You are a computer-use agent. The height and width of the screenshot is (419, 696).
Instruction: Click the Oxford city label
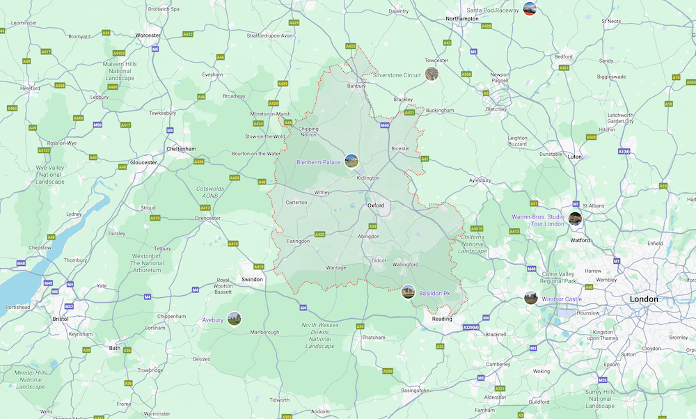pyautogui.click(x=376, y=205)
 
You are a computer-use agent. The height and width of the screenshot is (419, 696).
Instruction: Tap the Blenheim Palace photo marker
pyautogui.click(x=351, y=161)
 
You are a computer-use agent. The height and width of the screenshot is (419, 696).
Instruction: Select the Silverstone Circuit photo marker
pyautogui.click(x=432, y=74)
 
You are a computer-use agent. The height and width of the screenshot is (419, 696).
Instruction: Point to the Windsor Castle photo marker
pyautogui.click(x=531, y=298)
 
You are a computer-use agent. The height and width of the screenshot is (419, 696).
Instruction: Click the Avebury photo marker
pyautogui.click(x=234, y=319)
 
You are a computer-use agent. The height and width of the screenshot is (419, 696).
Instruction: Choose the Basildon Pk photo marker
pyautogui.click(x=409, y=292)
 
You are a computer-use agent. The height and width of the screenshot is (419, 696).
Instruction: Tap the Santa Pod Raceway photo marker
pyautogui.click(x=530, y=9)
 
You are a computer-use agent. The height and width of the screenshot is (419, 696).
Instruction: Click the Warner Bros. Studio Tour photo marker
pyautogui.click(x=575, y=219)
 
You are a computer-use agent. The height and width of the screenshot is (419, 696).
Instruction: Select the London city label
pyautogui.click(x=643, y=299)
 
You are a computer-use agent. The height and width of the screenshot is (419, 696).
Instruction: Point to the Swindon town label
pyautogui.click(x=252, y=279)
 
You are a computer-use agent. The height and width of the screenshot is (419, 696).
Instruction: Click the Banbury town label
pyautogui.click(x=356, y=86)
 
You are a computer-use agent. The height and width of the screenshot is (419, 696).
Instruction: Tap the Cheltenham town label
pyautogui.click(x=182, y=149)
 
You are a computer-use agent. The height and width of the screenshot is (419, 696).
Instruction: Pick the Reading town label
pyautogui.click(x=441, y=319)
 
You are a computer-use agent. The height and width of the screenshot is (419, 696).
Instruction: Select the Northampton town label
pyautogui.click(x=462, y=19)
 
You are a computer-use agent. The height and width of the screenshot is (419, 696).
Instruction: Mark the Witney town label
pyautogui.click(x=322, y=192)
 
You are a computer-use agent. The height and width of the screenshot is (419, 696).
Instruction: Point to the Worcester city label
pyautogui.click(x=148, y=35)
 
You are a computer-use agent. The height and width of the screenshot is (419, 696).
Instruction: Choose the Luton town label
pyautogui.click(x=575, y=157)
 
